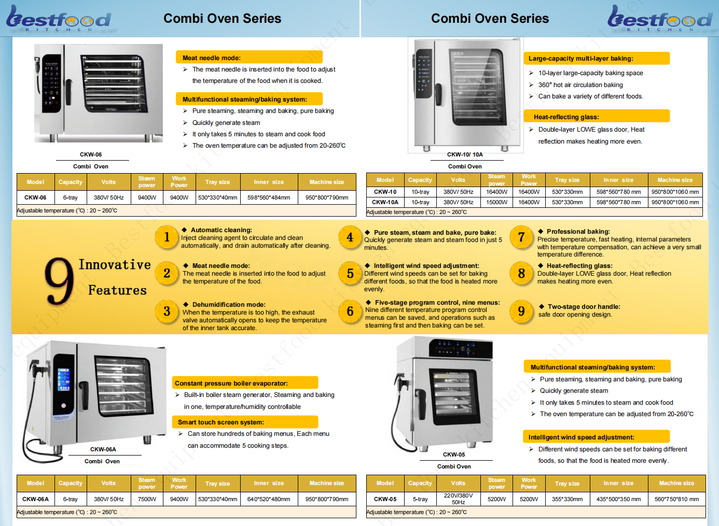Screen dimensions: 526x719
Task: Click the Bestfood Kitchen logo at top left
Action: [58, 19]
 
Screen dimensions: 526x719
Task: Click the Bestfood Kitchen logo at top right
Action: [659, 19]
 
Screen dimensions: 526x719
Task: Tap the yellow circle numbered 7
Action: [521, 238]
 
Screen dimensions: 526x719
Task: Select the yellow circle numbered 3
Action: [167, 311]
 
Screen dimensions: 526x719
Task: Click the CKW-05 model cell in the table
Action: [385, 499]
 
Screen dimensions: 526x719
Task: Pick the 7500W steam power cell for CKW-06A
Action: [147, 499]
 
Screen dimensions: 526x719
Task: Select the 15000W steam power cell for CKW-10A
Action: [496, 202]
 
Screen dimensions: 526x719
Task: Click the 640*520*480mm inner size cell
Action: [269, 499]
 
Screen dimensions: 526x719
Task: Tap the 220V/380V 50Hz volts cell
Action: [458, 499]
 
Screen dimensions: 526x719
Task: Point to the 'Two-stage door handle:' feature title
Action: [584, 307]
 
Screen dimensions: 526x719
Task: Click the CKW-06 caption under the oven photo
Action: [91, 154]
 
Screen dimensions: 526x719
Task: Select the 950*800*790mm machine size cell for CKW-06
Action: [327, 197]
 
